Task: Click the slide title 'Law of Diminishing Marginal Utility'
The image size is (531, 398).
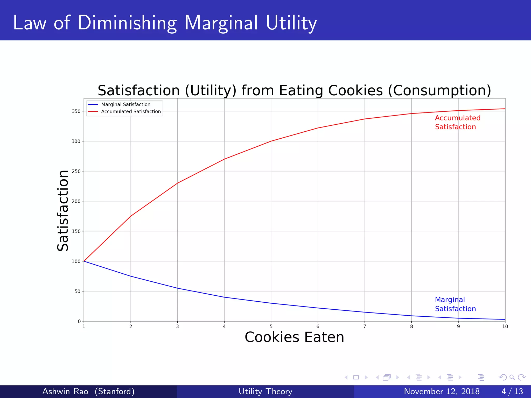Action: coord(165,23)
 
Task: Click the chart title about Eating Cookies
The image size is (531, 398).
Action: coord(294,90)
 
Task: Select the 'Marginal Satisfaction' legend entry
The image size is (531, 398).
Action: coord(125,104)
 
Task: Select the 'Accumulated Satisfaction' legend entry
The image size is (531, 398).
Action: coord(131,111)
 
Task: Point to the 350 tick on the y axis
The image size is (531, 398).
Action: coord(76,111)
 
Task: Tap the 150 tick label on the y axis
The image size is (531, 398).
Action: coord(76,231)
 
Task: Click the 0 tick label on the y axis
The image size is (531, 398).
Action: coord(79,321)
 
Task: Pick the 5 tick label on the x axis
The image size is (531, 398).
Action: coord(271,326)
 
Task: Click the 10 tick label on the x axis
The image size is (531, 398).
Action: coord(505,326)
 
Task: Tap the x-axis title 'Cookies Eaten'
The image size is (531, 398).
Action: coord(294,337)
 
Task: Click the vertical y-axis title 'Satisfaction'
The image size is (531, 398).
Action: coord(63,210)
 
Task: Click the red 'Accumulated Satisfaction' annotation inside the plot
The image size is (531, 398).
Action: coord(457,122)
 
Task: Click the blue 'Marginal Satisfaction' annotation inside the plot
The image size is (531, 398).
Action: coord(455,304)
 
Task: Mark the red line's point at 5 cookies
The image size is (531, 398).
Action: coord(271,141)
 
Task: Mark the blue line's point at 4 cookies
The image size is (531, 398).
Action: coord(224,297)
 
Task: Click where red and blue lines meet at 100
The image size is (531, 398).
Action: coord(84,261)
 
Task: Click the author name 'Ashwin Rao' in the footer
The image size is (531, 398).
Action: coord(65,391)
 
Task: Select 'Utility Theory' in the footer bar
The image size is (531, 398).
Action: coord(265,391)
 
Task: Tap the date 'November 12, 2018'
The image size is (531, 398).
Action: coord(442,391)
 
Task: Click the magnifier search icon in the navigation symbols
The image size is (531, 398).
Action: coord(512,377)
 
